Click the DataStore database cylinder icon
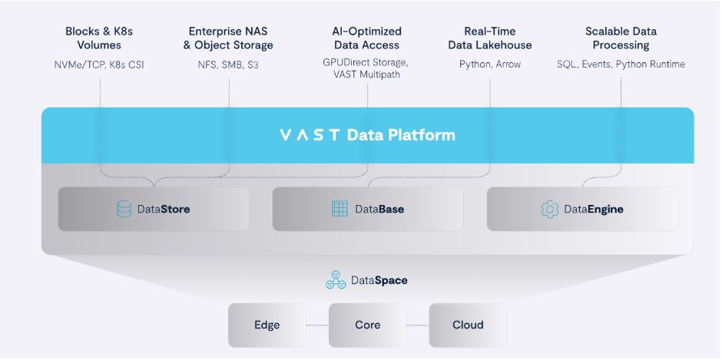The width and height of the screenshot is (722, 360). pyautogui.click(x=124, y=209)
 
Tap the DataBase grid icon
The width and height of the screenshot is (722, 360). pyautogui.click(x=339, y=209)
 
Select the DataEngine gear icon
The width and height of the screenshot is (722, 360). pyautogui.click(x=550, y=209)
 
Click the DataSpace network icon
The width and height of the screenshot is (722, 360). pyautogui.click(x=336, y=281)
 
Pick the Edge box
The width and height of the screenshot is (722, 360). pyautogui.click(x=267, y=325)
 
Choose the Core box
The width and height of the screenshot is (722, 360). pyautogui.click(x=367, y=325)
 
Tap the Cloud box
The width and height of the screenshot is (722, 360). pyautogui.click(x=467, y=325)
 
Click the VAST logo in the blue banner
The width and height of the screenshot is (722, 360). pyautogui.click(x=310, y=136)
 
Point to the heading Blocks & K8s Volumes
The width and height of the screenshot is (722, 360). pyautogui.click(x=99, y=38)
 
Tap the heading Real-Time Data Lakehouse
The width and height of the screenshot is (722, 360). pyautogui.click(x=489, y=38)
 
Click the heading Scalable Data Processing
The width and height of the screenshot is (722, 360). pyautogui.click(x=621, y=38)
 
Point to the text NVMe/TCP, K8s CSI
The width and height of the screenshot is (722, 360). pyautogui.click(x=99, y=64)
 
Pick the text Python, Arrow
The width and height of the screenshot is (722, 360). pyautogui.click(x=489, y=64)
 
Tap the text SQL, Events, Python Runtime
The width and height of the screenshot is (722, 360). pyautogui.click(x=621, y=64)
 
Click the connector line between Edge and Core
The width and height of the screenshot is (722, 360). pyautogui.click(x=316, y=325)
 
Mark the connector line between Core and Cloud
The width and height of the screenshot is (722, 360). pyautogui.click(x=417, y=325)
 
